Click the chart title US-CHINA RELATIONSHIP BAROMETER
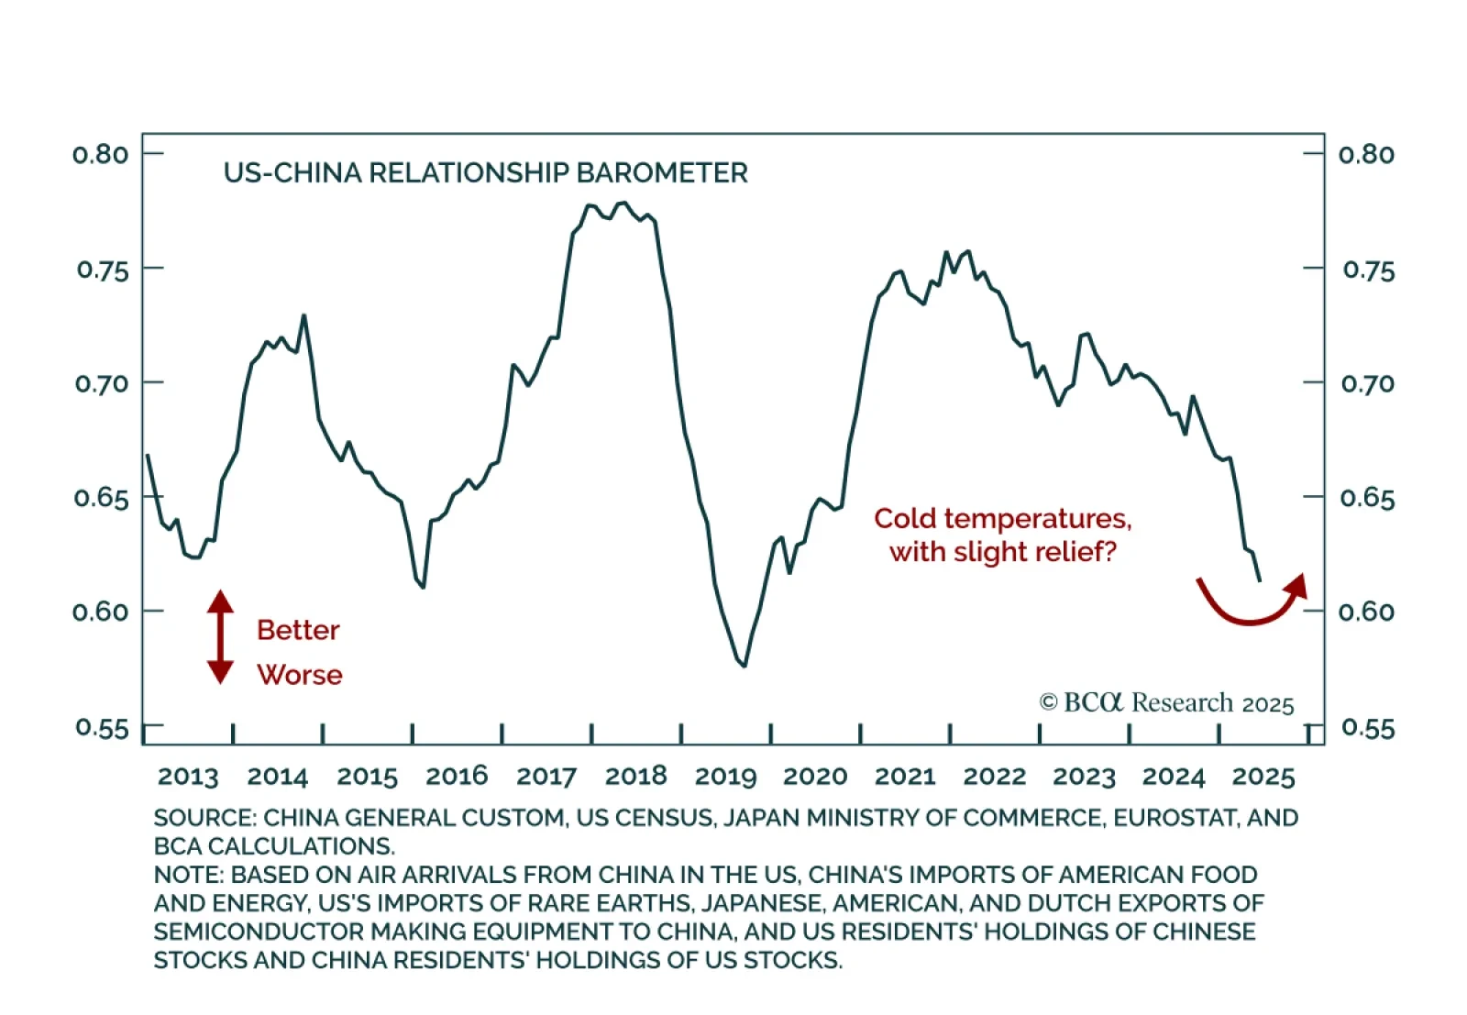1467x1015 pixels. (485, 173)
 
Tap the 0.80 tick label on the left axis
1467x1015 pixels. (101, 154)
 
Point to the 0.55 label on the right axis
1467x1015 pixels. (1367, 728)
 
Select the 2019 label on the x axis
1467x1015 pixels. (725, 777)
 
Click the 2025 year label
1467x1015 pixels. (1263, 777)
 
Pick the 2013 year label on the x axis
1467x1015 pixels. (188, 777)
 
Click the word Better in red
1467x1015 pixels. (298, 631)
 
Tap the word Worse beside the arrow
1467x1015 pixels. (300, 675)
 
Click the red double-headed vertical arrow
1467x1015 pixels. (220, 637)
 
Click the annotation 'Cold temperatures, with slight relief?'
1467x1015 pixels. (1002, 535)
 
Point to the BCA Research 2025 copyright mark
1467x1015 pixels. (1166, 703)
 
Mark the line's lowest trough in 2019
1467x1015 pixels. (744, 666)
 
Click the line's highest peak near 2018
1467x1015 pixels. (623, 203)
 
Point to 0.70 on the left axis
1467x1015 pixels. (101, 383)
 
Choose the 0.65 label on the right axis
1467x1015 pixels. (1367, 498)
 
